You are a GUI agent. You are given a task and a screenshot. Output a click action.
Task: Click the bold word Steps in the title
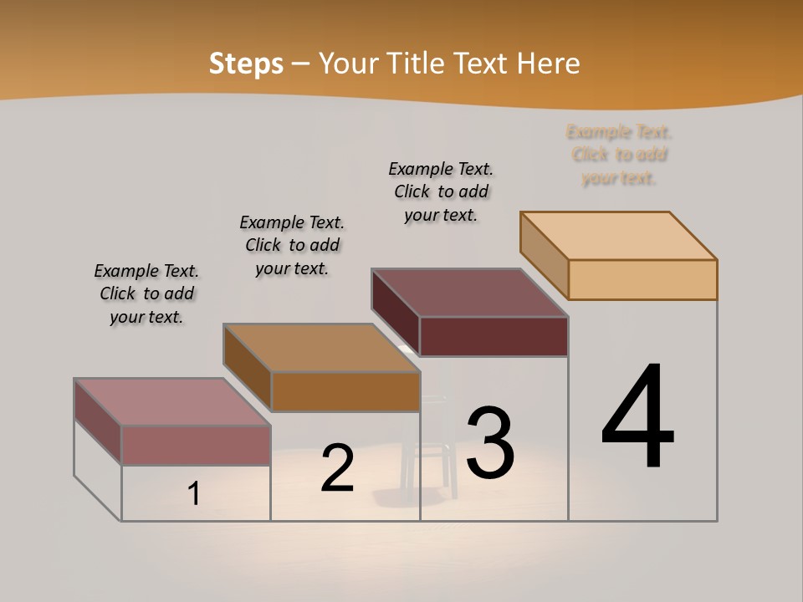click(246, 64)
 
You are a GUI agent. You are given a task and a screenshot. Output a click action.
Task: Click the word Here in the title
click(548, 64)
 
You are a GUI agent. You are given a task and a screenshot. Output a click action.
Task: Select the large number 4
click(637, 417)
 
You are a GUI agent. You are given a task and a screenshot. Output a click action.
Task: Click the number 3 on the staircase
click(490, 443)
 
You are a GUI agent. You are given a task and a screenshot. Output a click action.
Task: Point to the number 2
click(337, 468)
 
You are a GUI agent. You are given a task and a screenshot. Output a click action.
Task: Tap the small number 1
click(194, 493)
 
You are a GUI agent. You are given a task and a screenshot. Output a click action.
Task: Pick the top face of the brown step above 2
click(321, 348)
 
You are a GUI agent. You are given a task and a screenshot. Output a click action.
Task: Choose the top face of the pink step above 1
click(172, 402)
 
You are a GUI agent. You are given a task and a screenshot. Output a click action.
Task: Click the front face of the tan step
click(642, 279)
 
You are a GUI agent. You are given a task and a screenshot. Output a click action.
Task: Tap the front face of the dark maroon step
click(494, 336)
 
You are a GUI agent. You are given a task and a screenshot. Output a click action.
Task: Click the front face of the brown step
click(345, 391)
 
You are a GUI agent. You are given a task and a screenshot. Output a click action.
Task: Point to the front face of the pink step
click(196, 445)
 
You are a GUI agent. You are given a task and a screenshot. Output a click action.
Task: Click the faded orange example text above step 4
click(619, 155)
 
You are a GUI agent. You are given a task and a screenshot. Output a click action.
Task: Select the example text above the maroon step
click(441, 191)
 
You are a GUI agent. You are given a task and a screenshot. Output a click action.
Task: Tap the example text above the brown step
click(292, 245)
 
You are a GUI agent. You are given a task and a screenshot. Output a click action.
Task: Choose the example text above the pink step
click(146, 293)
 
